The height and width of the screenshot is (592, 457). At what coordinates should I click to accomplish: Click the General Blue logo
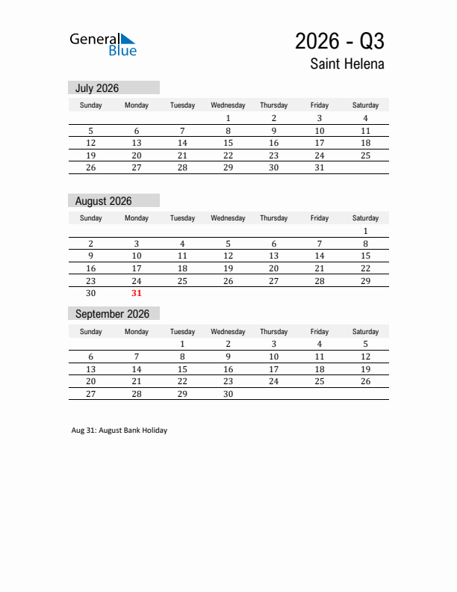[103, 44]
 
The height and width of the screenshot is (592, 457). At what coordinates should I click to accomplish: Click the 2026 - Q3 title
[340, 40]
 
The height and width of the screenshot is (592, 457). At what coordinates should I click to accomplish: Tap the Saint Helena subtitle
[347, 64]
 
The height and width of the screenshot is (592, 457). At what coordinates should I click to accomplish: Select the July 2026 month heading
[97, 88]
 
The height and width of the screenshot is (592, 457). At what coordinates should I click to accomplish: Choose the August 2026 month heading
[104, 201]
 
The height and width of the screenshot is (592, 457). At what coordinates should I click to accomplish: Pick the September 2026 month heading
[112, 314]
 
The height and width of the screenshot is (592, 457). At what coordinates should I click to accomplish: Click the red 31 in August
[137, 293]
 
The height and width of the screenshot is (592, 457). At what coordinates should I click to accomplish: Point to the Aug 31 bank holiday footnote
[119, 431]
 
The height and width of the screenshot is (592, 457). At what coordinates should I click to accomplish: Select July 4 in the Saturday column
[365, 118]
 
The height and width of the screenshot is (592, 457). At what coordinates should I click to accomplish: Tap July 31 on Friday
[320, 167]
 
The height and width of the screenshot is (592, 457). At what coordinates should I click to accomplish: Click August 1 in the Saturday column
[365, 231]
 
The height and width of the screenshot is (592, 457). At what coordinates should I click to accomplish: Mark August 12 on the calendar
[228, 256]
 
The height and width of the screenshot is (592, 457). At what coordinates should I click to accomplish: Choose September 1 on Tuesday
[182, 344]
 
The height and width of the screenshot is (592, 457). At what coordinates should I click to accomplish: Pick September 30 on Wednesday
[228, 394]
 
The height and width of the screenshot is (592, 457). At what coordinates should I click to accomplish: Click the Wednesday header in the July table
[228, 105]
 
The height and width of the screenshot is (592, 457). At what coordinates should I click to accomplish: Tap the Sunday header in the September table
[91, 331]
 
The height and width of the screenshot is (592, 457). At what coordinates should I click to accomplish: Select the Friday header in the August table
[320, 218]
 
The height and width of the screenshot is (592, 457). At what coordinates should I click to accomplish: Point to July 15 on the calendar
[228, 143]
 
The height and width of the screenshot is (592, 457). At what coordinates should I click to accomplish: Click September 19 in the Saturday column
[365, 369]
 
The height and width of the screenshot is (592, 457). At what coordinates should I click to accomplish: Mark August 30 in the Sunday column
[91, 293]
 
